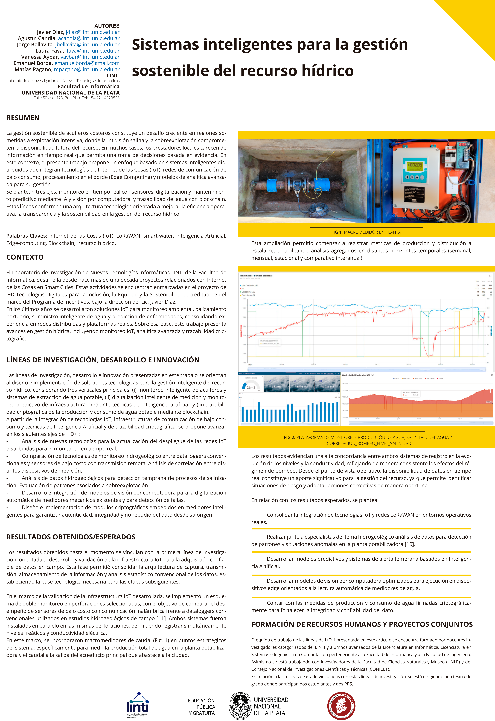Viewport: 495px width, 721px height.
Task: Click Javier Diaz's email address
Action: [92, 32]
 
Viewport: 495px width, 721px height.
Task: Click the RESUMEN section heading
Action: [23, 118]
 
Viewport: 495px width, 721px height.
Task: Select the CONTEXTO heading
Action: [25, 257]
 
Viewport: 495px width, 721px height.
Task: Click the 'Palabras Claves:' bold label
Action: [27, 236]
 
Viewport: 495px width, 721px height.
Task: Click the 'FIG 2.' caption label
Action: [289, 437]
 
